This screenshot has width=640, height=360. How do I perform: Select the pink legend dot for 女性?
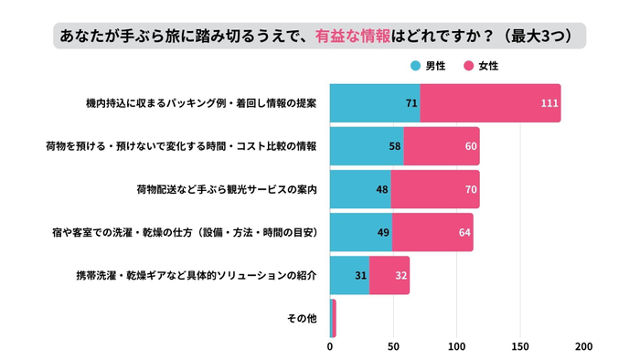click(470, 67)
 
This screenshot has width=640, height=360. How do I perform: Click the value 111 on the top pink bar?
click(549, 103)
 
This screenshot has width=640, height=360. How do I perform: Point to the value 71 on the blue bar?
click(411, 103)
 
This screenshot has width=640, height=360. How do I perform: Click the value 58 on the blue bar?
click(395, 146)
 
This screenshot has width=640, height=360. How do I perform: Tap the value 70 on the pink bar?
click(471, 189)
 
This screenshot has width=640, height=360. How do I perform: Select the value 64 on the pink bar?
click(464, 232)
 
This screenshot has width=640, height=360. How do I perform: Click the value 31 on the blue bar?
click(360, 275)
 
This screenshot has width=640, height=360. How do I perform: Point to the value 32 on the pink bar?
click(400, 275)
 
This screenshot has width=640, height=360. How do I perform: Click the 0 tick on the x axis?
click(330, 347)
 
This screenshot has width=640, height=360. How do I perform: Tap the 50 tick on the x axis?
click(393, 347)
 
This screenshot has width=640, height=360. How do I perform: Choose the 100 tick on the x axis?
click(457, 347)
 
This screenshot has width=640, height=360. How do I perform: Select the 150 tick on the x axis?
click(520, 347)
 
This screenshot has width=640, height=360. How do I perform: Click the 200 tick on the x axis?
click(583, 347)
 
